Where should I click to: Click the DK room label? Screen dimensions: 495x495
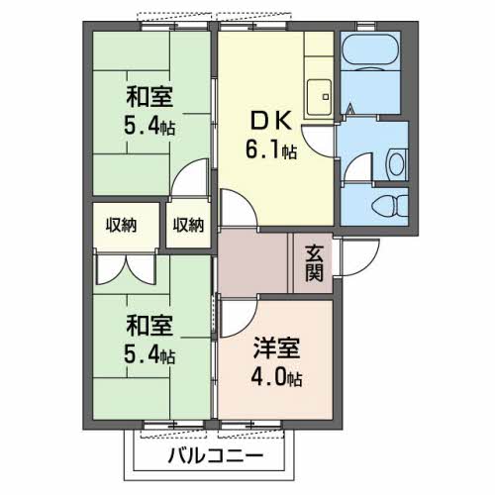click(271, 121)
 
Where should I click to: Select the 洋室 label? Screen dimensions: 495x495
click(276, 348)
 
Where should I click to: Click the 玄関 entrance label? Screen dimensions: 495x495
click(314, 263)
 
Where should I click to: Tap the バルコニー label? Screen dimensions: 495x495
click(216, 456)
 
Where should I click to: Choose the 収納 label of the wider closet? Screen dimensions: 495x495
click(121, 226)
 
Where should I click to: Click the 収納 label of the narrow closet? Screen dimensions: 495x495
click(188, 226)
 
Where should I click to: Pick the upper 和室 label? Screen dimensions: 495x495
click(149, 97)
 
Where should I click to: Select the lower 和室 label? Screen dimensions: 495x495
click(149, 326)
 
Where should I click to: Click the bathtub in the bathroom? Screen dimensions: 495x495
click(370, 50)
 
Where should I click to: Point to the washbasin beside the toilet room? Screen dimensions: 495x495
click(397, 164)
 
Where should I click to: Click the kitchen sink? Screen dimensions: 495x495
click(319, 97)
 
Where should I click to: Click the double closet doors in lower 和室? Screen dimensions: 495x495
click(126, 268)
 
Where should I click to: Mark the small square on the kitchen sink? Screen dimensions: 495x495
click(326, 97)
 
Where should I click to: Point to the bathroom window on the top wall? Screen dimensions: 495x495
click(365, 26)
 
